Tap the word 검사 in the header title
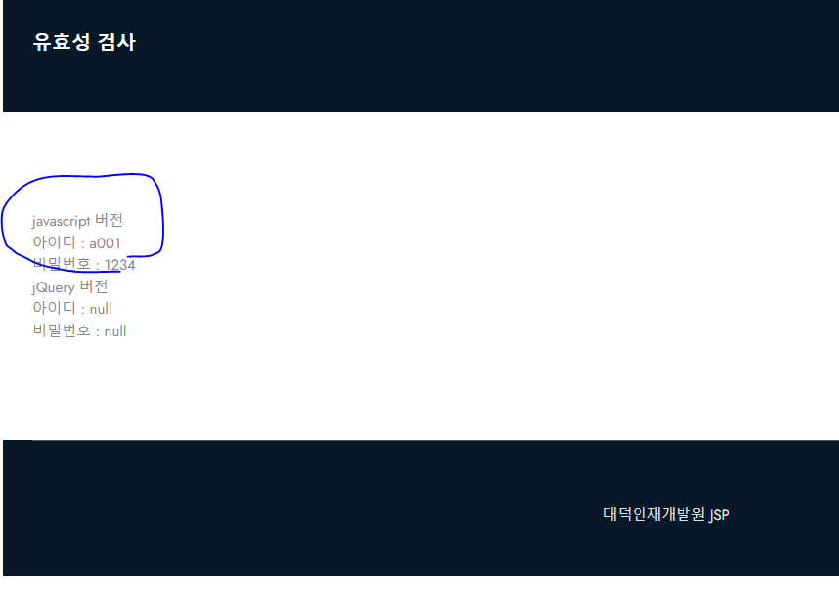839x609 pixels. point(117,42)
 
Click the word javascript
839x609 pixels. point(61,221)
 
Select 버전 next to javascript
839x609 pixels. point(109,220)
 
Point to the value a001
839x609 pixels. point(106,242)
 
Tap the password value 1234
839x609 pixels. point(120,264)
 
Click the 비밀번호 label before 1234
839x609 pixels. point(62,264)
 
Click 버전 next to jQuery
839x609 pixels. point(94,286)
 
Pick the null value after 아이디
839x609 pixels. point(101,309)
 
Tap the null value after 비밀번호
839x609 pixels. point(115,330)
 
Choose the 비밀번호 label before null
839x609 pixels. point(62,330)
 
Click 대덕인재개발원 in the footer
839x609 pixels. point(654,514)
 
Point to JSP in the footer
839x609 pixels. point(719,515)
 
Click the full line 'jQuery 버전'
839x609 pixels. point(70,286)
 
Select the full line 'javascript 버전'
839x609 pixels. point(77,221)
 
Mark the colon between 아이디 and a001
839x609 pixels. point(82,243)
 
